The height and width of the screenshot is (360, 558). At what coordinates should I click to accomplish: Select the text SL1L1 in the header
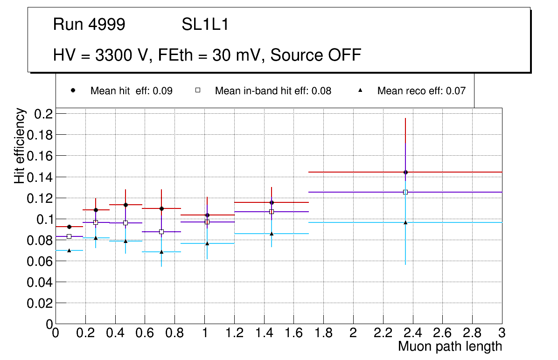point(205,24)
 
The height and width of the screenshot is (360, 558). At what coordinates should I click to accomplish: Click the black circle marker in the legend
point(72,90)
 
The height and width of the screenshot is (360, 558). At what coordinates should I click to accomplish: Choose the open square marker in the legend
point(197,90)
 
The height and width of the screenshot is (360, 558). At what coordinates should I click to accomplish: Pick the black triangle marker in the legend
point(360,90)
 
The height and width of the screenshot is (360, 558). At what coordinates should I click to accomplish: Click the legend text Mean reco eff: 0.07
point(421,91)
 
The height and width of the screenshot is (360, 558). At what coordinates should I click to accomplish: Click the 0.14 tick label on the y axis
point(40,177)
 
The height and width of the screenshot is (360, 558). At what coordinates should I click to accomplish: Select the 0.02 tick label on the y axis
point(40,303)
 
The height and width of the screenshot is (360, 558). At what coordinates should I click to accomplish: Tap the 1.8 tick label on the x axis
point(323,333)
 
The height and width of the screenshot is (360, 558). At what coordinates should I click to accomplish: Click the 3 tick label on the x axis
point(502,333)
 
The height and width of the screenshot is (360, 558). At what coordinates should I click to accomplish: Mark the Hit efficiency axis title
point(20,145)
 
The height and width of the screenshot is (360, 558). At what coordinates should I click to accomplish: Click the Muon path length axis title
point(450,346)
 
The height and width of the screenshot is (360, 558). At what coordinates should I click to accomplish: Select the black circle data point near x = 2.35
point(405,172)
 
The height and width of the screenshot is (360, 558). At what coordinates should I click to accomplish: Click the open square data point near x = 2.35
point(405,192)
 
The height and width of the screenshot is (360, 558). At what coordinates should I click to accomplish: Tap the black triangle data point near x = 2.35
point(405,222)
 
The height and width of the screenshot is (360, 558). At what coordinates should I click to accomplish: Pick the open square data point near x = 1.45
point(272,212)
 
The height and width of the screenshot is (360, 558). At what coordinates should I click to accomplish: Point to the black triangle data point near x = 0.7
point(161,252)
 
